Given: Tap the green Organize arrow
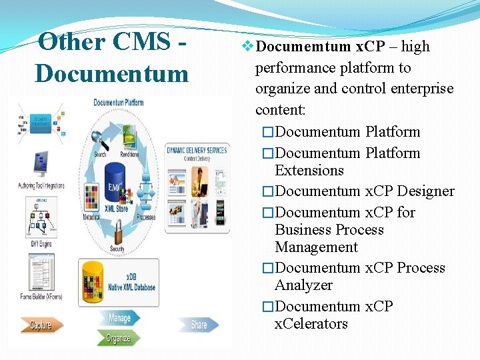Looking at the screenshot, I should click(x=118, y=338).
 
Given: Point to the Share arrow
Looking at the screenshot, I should click(x=199, y=325).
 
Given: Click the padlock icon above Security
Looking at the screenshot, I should click(x=117, y=233).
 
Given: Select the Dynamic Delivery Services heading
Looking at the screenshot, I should click(x=197, y=151).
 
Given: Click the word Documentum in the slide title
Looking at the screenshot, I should click(x=111, y=73).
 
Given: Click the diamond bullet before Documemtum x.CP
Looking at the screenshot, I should click(x=247, y=47).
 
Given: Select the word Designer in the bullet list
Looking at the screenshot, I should click(x=425, y=191).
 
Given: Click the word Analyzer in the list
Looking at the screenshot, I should click(x=303, y=285).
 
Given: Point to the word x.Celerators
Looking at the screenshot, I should click(x=311, y=324).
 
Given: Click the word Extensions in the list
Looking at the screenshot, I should click(x=309, y=171).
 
